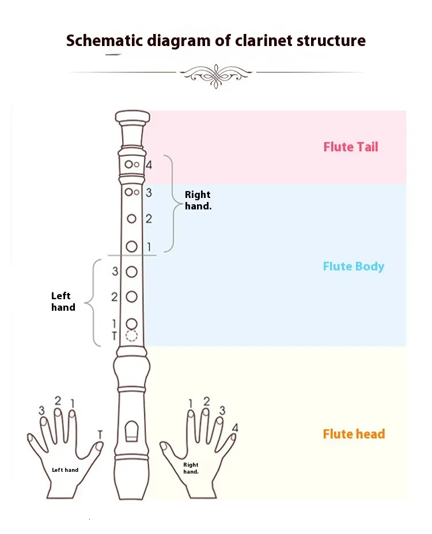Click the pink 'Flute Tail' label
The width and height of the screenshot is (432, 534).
tap(350, 147)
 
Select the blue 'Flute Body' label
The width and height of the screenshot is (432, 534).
tap(353, 266)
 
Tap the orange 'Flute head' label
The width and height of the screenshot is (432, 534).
tap(354, 434)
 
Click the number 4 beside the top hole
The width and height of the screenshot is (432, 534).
tap(149, 165)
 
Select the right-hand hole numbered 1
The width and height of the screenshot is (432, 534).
tap(132, 246)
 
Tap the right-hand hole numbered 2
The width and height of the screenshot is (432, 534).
tap(132, 219)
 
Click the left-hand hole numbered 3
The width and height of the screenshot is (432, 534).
tap(132, 272)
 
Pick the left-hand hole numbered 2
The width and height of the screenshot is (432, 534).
tap(132, 297)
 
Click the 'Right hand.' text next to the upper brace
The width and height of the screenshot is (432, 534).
tap(198, 200)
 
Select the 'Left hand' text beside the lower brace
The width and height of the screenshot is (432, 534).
tap(63, 302)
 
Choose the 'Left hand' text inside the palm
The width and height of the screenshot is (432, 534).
tap(65, 470)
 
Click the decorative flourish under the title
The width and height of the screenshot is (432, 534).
tap(215, 74)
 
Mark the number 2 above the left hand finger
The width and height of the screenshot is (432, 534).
tap(58, 400)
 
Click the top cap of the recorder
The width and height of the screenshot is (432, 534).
tap(132, 117)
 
